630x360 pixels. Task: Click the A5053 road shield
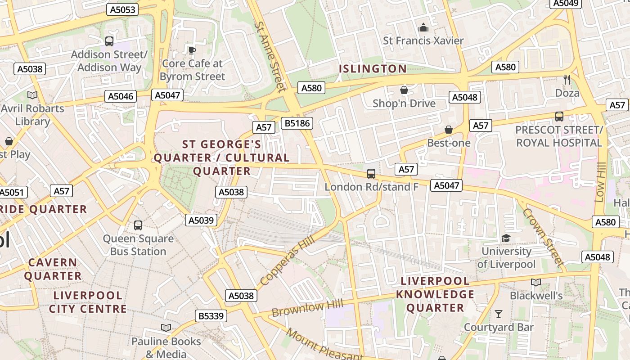click(122, 9)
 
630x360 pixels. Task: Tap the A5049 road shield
click(565, 3)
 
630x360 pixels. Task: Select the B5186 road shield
click(297, 123)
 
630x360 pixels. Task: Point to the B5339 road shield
click(211, 316)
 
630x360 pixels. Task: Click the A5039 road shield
click(201, 220)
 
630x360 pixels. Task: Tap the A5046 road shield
click(121, 96)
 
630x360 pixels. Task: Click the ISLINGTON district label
click(373, 69)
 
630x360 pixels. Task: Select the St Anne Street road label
click(270, 56)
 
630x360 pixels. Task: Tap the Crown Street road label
click(543, 237)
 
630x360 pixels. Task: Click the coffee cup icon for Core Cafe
click(192, 50)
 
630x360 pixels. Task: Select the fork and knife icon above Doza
click(567, 80)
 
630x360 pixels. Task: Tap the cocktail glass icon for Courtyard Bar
click(499, 314)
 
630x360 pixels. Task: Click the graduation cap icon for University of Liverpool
click(506, 238)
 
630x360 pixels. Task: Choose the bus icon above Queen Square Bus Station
click(138, 225)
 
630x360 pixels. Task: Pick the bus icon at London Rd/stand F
click(371, 173)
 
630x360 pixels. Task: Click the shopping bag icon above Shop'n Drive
click(404, 90)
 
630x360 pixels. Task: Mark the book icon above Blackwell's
click(535, 282)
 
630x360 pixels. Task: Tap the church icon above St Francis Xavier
click(423, 27)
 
